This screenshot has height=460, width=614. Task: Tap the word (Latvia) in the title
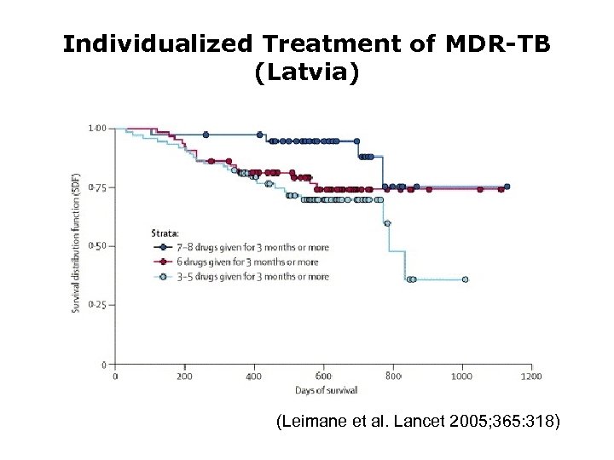(307, 73)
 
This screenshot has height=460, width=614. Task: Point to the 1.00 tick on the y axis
(98, 129)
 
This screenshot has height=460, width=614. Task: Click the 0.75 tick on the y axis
(98, 187)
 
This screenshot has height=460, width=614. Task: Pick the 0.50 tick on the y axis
(98, 246)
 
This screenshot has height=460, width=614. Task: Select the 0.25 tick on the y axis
(98, 305)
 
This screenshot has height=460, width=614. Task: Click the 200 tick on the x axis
(184, 376)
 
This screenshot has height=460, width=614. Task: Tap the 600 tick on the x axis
(323, 376)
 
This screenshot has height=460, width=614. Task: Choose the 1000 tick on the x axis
(461, 376)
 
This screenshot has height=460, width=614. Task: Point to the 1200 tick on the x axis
(530, 376)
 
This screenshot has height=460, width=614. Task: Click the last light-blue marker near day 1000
(465, 279)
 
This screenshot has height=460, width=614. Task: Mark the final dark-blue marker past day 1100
(507, 187)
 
